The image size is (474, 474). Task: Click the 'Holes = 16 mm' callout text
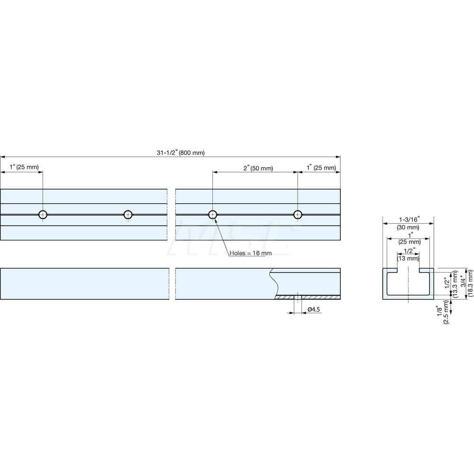[x=251, y=253]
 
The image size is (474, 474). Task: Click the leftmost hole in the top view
[x=43, y=215]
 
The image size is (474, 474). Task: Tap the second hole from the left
[x=128, y=215]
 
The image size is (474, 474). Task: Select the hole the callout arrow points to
[x=213, y=215]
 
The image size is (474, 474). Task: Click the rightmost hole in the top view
[x=298, y=215]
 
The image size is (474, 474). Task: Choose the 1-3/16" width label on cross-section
[x=408, y=220]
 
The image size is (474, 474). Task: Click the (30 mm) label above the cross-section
[x=408, y=227]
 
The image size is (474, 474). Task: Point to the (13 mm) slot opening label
[x=408, y=258]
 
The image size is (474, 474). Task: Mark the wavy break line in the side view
[x=274, y=283]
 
